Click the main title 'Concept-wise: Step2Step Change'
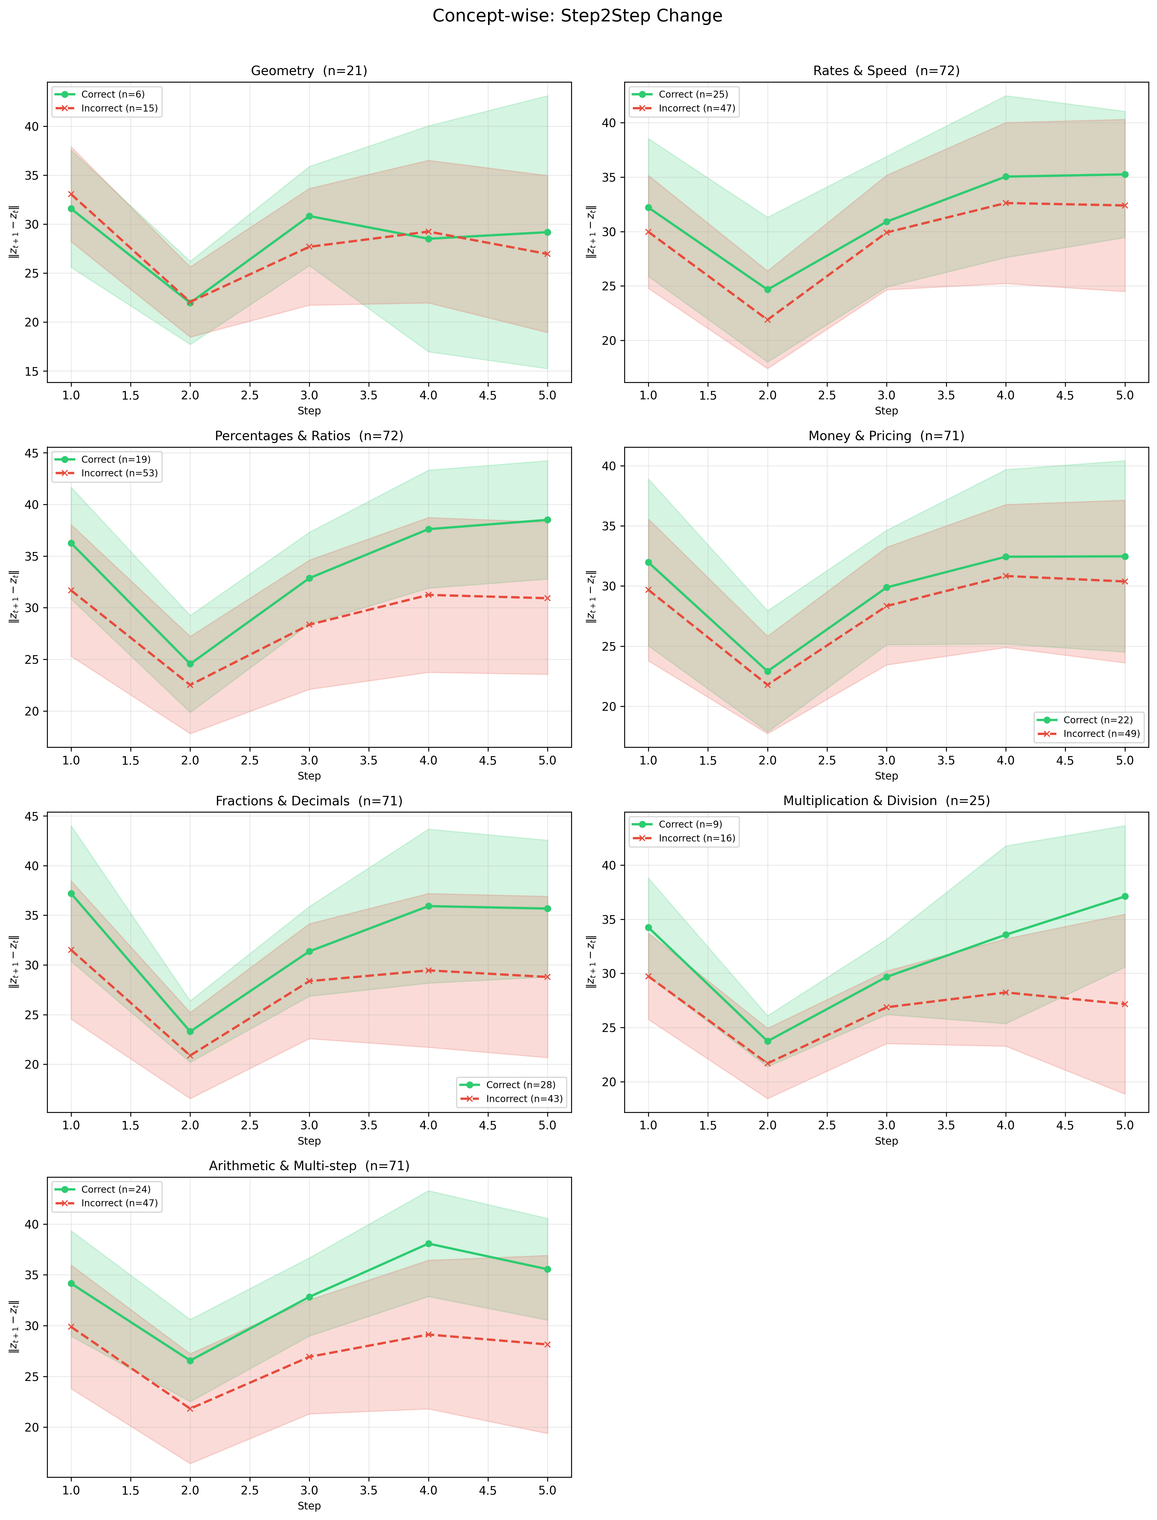click(577, 16)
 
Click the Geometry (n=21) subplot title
click(309, 71)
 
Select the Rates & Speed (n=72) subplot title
click(886, 71)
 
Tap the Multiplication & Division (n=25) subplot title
click(886, 801)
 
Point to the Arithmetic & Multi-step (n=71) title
click(309, 1166)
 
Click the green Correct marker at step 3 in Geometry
click(309, 216)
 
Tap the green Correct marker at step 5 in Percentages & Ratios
click(548, 520)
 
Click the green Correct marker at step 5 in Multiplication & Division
click(1125, 897)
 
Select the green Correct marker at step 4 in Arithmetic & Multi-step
click(428, 1244)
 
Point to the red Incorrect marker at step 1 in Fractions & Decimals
click(71, 949)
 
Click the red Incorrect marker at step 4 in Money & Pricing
click(1006, 576)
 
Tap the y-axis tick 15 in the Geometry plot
click(33, 372)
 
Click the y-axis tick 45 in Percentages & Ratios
click(33, 453)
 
